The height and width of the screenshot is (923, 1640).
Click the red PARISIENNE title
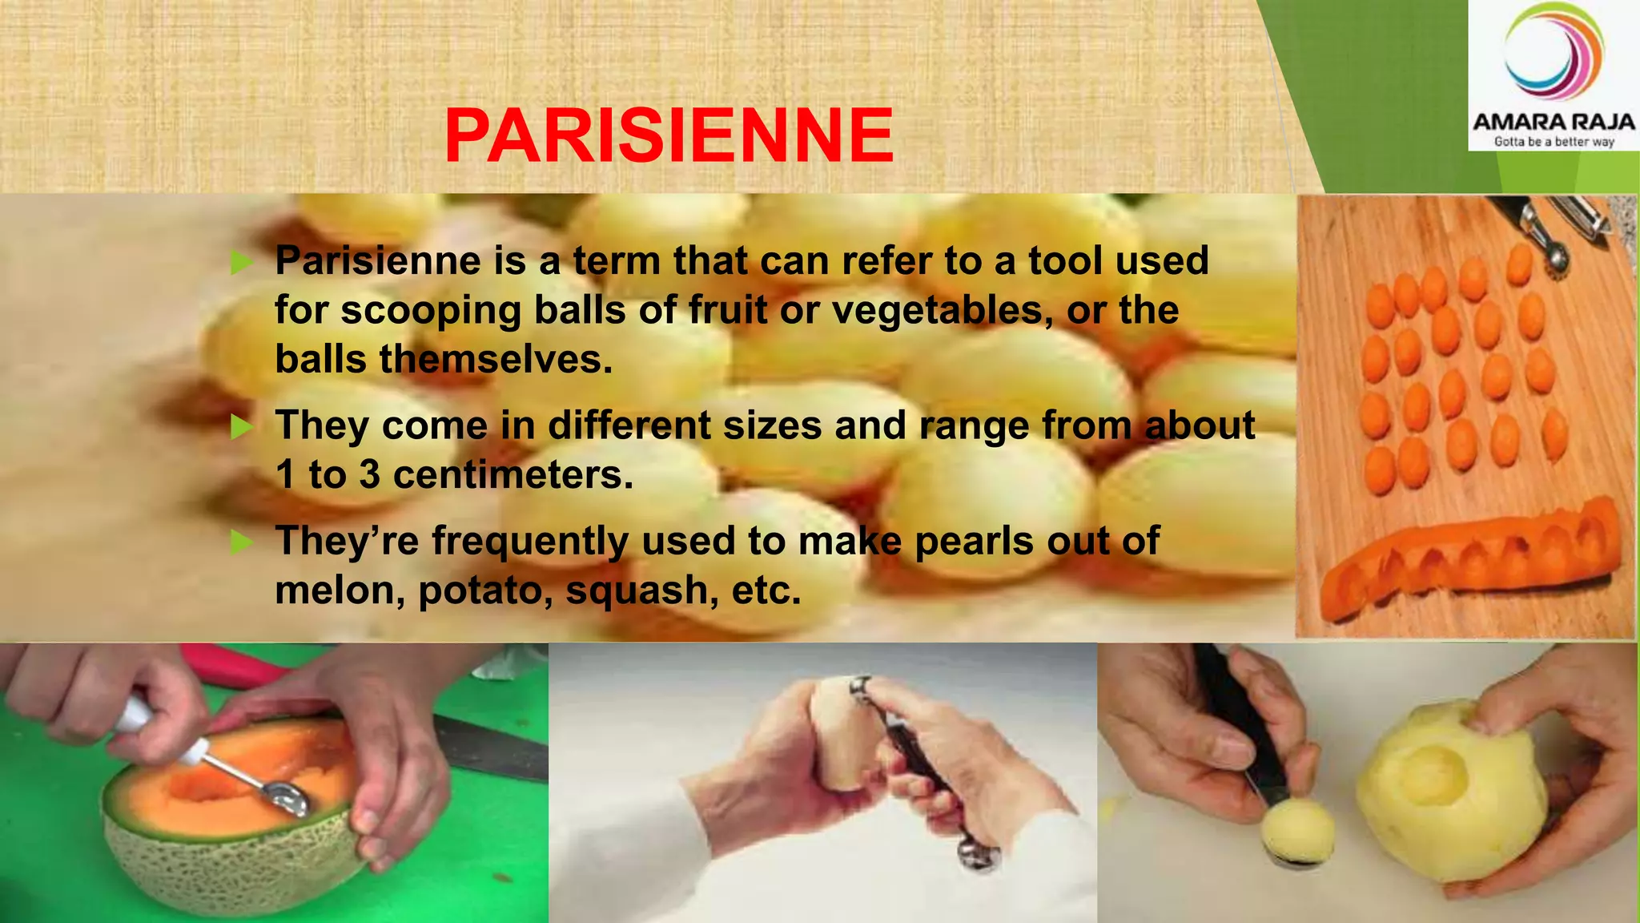click(669, 135)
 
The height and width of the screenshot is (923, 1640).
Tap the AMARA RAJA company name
click(1554, 123)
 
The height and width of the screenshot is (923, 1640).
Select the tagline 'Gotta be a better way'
click(1554, 142)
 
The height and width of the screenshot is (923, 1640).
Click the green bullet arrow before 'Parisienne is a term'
click(241, 262)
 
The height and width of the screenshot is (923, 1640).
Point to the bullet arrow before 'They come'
click(241, 426)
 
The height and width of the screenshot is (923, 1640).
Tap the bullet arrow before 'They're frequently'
click(241, 542)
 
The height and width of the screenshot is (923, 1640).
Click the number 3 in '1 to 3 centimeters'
click(369, 475)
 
